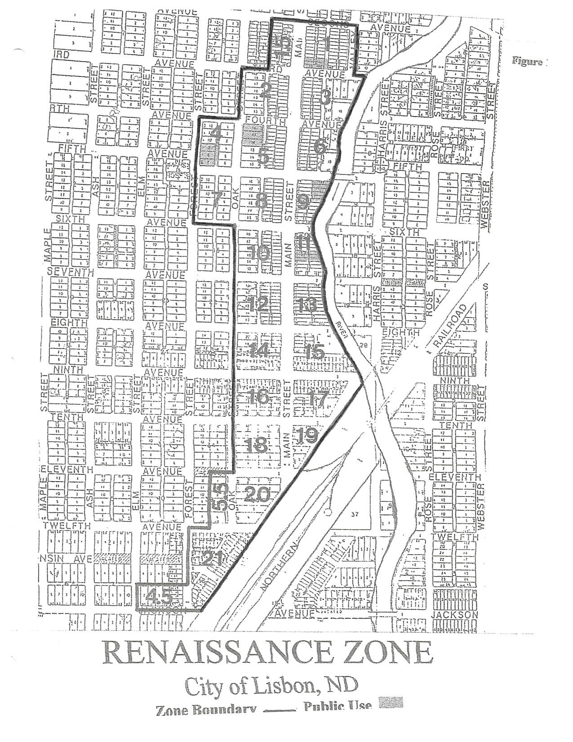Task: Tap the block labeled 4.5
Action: pyautogui.click(x=159, y=596)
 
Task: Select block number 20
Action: pyautogui.click(x=257, y=494)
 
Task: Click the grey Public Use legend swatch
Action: pyautogui.click(x=391, y=703)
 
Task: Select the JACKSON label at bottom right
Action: pyautogui.click(x=454, y=615)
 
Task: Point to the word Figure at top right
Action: pyautogui.click(x=527, y=62)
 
